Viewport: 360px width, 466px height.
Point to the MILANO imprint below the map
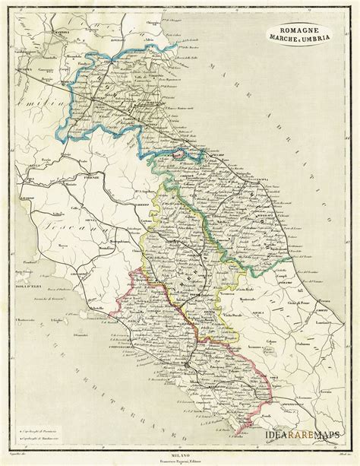pos(180,445)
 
